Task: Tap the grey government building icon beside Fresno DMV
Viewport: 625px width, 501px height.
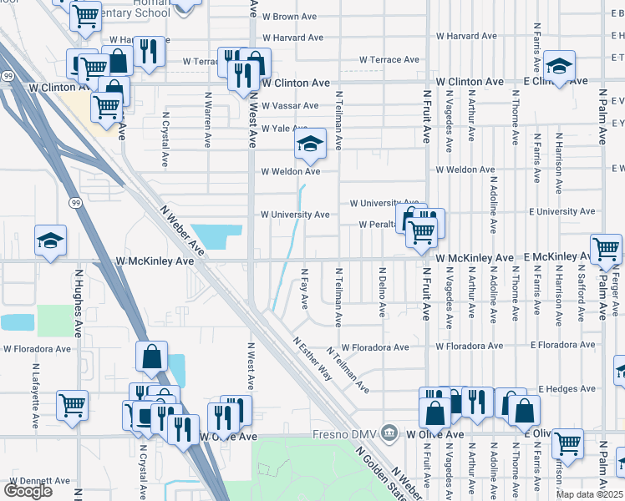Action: [x=389, y=433]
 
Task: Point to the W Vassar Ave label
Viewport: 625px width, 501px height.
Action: [x=289, y=106]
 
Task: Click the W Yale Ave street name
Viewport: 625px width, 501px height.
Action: [x=284, y=129]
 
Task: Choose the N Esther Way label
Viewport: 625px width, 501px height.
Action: [x=312, y=359]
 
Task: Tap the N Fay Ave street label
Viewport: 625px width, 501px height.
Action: [x=304, y=286]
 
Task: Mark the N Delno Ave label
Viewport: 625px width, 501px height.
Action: [x=382, y=291]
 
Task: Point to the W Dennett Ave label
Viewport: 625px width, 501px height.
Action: [x=39, y=482]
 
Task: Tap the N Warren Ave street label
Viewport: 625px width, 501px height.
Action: [x=207, y=118]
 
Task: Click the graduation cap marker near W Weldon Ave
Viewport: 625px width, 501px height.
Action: [x=309, y=146]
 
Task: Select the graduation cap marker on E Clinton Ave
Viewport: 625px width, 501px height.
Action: [x=558, y=65]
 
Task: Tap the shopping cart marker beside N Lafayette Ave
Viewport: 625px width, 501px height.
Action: [x=73, y=406]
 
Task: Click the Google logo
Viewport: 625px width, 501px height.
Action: [x=28, y=491]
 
